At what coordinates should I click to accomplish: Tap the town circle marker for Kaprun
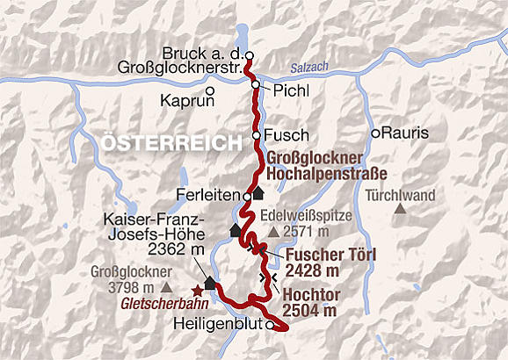click(210, 90)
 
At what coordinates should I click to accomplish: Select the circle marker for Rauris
click(375, 133)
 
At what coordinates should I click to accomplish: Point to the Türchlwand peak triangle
click(401, 209)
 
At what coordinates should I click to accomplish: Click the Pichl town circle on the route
click(255, 85)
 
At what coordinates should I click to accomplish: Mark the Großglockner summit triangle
click(166, 287)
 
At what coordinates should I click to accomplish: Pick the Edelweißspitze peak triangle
click(274, 232)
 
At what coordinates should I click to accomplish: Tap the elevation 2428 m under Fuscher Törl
click(312, 270)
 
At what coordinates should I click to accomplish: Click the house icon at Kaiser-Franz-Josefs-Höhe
click(211, 282)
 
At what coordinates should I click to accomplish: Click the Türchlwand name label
click(402, 194)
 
